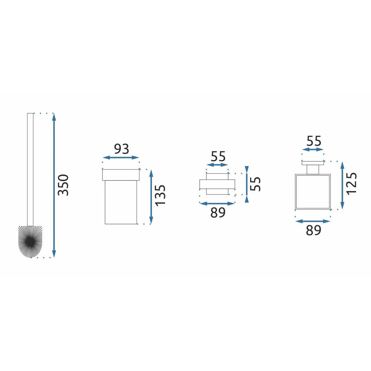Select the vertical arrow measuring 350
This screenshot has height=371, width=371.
[54, 185]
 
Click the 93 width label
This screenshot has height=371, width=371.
[121, 149]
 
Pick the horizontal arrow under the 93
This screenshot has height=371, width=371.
[121, 158]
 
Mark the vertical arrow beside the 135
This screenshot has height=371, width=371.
[151, 197]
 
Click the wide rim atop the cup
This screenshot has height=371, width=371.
[121, 175]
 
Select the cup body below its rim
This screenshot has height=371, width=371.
[121, 202]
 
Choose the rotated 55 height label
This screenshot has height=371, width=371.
[256, 184]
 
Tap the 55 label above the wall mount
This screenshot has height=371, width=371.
[217, 156]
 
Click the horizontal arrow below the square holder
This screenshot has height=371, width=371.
[312, 221]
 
